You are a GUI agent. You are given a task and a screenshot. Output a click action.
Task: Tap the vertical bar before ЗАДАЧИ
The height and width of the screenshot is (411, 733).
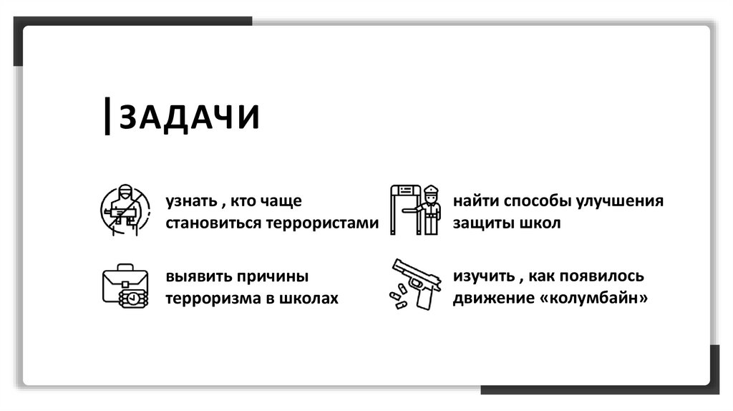click(107, 117)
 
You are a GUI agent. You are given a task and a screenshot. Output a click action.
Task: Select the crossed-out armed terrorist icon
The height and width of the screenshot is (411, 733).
click(125, 210)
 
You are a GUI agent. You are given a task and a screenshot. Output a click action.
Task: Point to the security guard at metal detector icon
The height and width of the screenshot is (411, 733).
click(416, 210)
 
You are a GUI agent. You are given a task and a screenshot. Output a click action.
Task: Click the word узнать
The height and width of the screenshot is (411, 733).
click(191, 202)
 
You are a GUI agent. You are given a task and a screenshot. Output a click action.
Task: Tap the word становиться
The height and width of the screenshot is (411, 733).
click(215, 223)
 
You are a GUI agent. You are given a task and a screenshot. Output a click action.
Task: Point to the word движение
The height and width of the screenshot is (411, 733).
click(489, 298)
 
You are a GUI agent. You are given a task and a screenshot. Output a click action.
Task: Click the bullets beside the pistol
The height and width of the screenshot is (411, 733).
click(396, 296)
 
